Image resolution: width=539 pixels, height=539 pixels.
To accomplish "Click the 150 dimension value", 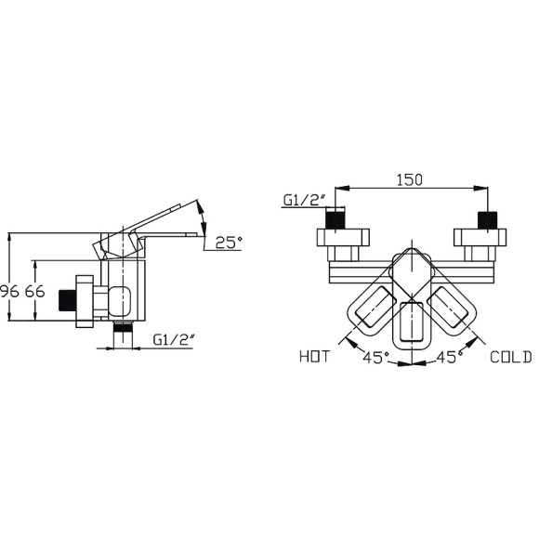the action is (410, 179).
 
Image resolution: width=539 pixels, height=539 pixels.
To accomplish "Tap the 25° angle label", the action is (229, 243).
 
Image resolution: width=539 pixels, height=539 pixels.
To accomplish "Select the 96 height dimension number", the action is (9, 292).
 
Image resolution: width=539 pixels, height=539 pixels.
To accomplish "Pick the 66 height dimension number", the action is (34, 292).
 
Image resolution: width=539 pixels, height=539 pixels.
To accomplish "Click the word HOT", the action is (314, 357).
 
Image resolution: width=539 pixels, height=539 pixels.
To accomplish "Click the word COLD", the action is (511, 357).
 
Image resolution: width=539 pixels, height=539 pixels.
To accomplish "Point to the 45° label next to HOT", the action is (376, 358).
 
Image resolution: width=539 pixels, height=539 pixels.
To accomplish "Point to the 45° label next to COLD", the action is (449, 357).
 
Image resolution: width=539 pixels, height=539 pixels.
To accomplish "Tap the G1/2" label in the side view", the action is (175, 340).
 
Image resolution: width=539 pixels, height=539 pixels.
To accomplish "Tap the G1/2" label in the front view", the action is (304, 200).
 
